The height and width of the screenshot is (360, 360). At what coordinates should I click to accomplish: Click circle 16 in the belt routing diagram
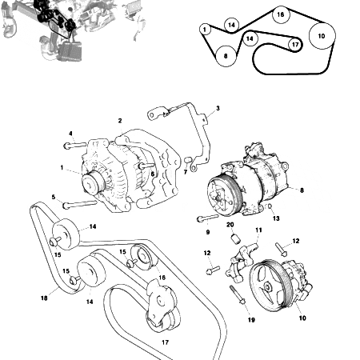click(x=280, y=14)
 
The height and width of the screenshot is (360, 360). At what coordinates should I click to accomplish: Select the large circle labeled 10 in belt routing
click(x=322, y=36)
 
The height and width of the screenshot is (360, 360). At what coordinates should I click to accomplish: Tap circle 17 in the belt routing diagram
click(x=295, y=45)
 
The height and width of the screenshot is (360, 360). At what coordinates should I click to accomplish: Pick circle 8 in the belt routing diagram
click(x=226, y=55)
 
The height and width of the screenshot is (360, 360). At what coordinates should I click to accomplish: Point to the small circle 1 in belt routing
click(x=205, y=29)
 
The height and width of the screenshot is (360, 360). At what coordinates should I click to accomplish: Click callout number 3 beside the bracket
click(x=218, y=108)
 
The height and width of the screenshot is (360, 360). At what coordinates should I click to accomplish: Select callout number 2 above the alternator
click(x=120, y=121)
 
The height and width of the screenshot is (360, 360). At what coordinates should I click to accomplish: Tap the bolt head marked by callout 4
click(x=69, y=146)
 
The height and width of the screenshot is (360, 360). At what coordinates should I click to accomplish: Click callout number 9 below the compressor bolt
click(x=207, y=232)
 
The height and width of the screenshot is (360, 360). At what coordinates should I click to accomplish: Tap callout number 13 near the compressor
click(x=276, y=218)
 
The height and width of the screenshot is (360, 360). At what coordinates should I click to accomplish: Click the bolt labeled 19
click(x=240, y=300)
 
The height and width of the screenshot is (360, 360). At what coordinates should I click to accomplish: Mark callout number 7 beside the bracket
click(x=185, y=171)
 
